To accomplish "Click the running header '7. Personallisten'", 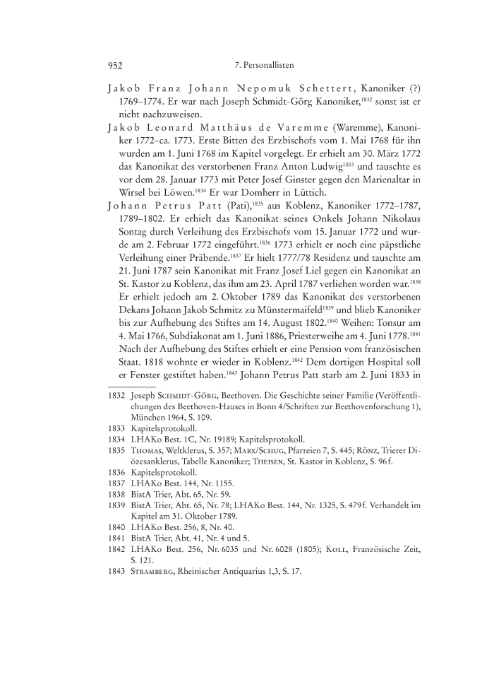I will pos(263,65).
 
